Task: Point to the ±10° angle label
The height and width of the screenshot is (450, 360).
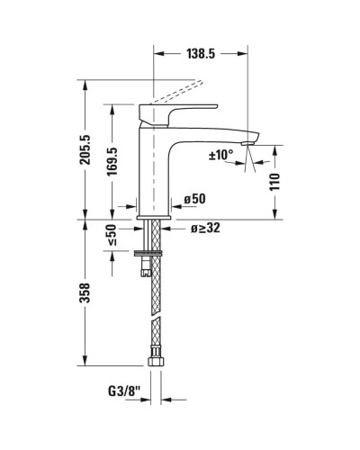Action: (x=220, y=154)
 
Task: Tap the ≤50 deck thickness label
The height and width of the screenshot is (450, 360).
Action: (x=112, y=235)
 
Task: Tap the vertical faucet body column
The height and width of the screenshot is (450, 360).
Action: (x=152, y=171)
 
